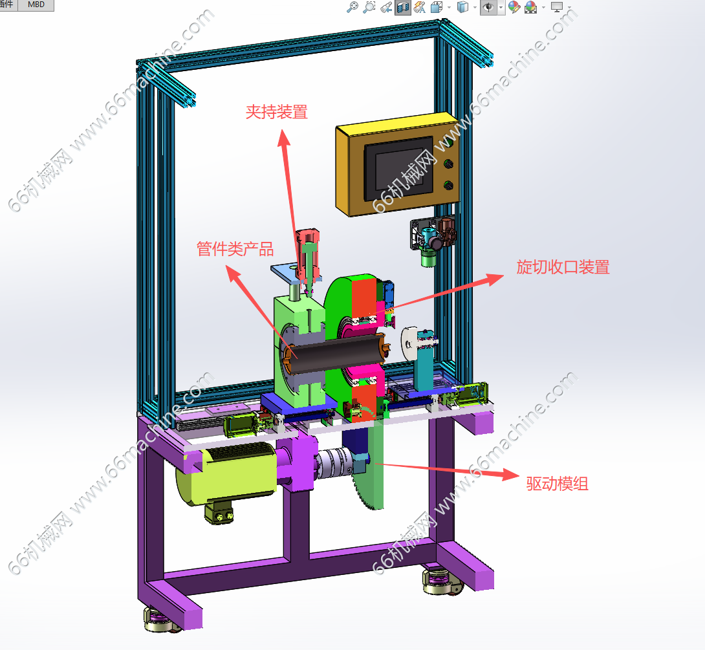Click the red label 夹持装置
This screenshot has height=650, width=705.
277,112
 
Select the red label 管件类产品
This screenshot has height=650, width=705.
235,248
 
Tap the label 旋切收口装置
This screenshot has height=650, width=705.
563,267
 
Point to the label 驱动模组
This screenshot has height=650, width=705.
558,484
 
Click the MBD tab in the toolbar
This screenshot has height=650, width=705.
36,5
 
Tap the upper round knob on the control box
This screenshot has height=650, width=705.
448,164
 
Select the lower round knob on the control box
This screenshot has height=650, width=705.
448,184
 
